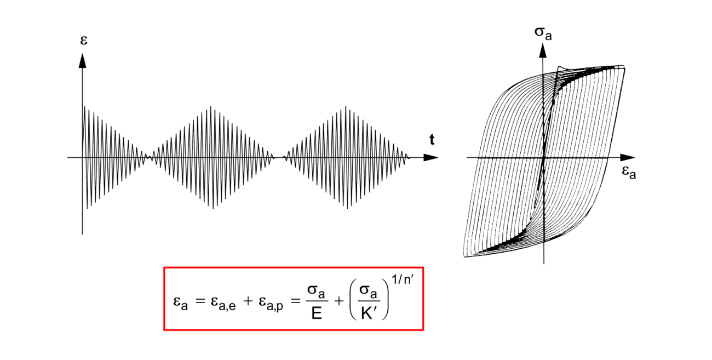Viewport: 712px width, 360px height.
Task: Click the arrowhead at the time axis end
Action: (431, 158)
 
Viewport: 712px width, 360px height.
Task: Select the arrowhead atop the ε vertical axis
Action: (82, 60)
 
